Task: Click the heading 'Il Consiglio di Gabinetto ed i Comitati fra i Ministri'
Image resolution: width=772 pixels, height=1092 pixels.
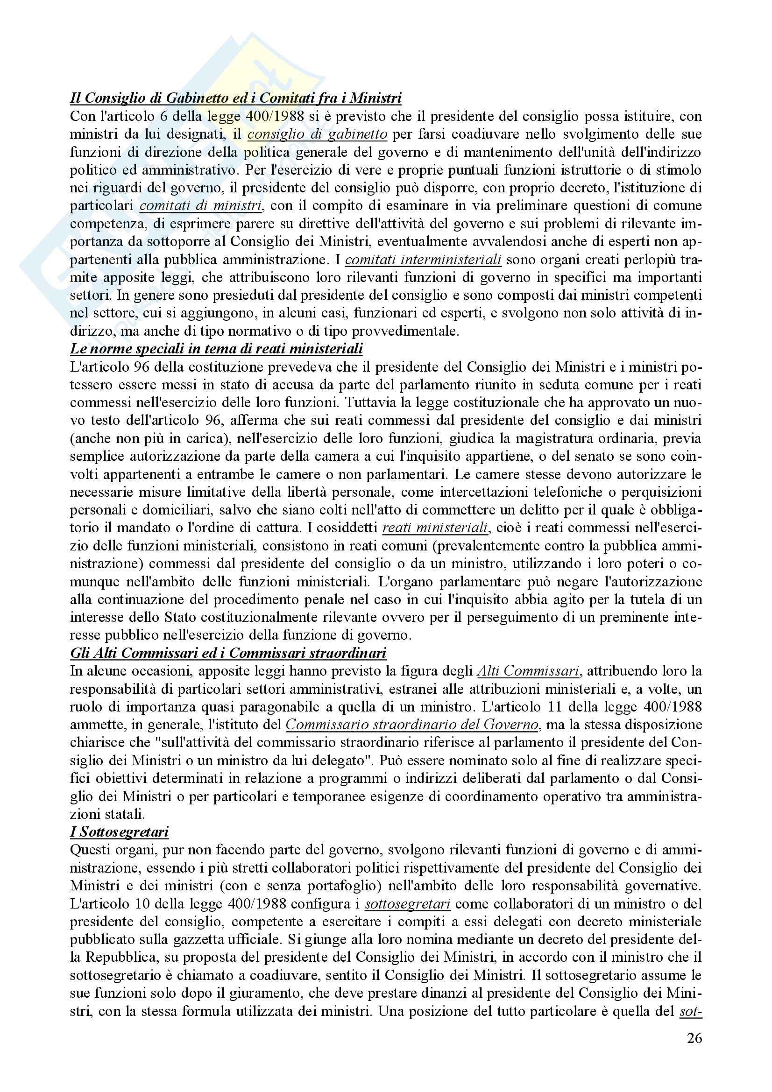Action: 235,99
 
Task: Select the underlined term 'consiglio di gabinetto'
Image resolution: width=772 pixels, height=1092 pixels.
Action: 317,134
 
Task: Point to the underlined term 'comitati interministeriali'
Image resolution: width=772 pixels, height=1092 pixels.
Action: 423,260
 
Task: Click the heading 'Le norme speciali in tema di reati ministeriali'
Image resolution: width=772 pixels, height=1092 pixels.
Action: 216,349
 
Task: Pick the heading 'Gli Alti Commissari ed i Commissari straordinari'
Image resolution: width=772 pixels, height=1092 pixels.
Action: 228,654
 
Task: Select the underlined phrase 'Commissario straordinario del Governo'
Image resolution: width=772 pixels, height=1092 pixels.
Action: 412,725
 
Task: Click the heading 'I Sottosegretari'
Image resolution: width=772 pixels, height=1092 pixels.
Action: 120,832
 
